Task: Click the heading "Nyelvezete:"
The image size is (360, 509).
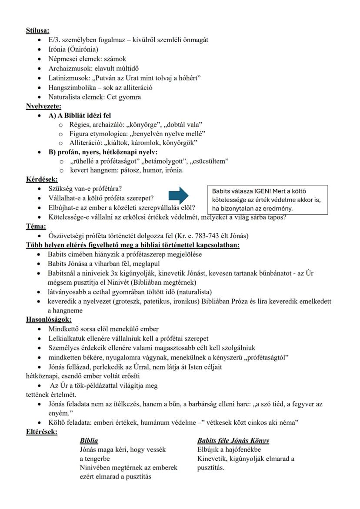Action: tap(43, 106)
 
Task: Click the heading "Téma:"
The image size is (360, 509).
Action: tap(35, 226)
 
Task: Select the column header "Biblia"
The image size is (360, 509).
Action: tap(89, 441)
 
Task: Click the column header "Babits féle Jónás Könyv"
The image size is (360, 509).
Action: tap(233, 441)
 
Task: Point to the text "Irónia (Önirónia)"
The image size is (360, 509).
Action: tap(73, 50)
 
